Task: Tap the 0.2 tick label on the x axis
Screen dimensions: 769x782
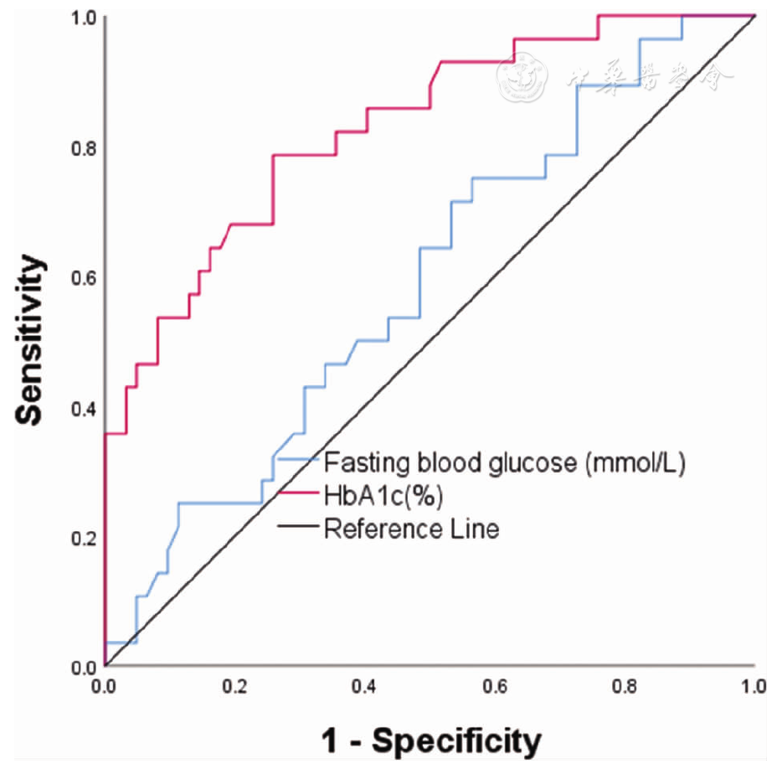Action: (234, 686)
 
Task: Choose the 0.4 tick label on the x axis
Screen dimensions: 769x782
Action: (364, 686)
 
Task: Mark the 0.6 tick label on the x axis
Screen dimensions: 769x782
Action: (495, 686)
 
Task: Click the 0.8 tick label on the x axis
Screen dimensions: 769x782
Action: (625, 686)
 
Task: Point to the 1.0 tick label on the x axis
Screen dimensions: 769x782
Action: (754, 686)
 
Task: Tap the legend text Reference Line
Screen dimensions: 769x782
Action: (411, 529)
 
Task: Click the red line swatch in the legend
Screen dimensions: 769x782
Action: (298, 494)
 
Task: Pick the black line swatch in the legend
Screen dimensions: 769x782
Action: (298, 528)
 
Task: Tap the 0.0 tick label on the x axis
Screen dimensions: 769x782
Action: (105, 686)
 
